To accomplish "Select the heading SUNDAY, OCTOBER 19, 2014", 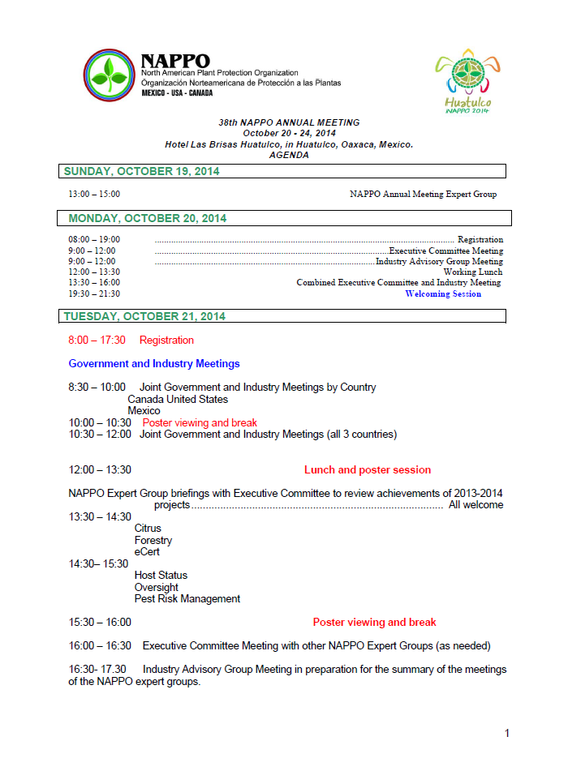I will point(141,172).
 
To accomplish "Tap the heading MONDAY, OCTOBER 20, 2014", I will point(147,219).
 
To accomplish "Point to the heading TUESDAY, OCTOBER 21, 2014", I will point(144,316).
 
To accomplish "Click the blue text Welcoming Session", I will point(443,294).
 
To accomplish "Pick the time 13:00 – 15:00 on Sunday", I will point(94,195).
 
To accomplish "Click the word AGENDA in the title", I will point(289,155).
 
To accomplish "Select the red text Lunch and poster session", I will point(368,470).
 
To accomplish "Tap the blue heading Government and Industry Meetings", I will point(154,364).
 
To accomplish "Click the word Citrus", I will point(148,529).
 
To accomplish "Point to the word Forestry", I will point(153,541).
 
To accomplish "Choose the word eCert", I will point(147,552).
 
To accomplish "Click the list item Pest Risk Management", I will point(187,599).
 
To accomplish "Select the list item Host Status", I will point(161,576).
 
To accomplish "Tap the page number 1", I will point(507,734).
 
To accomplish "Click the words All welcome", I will point(475,505).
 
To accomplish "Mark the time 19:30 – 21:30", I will point(94,294).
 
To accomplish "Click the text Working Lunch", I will point(472,272).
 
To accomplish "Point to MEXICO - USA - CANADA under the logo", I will point(177,93).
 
